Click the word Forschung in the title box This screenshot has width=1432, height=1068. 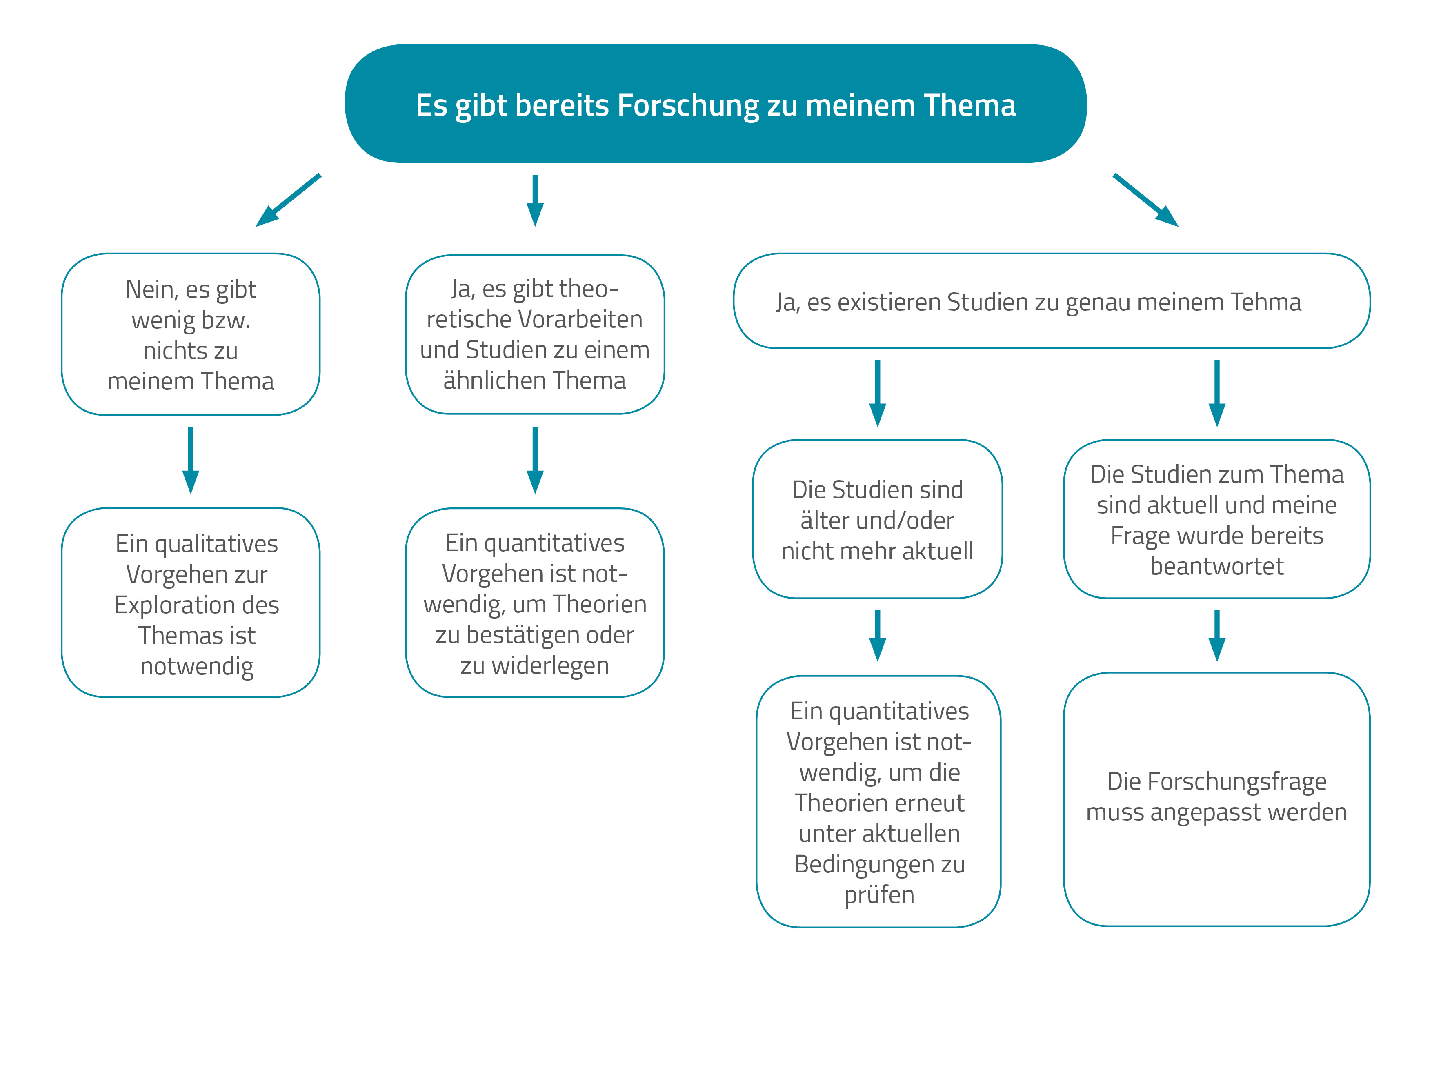pos(687,105)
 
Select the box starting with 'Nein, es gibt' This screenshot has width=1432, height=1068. pos(190,334)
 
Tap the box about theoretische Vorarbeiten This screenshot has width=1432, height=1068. pos(535,334)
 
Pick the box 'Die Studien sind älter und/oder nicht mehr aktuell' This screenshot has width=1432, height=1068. pos(877,519)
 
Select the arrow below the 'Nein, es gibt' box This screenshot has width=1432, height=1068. pos(190,460)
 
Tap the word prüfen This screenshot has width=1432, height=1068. pos(879,895)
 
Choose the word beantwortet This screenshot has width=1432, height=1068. pos(1217,566)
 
